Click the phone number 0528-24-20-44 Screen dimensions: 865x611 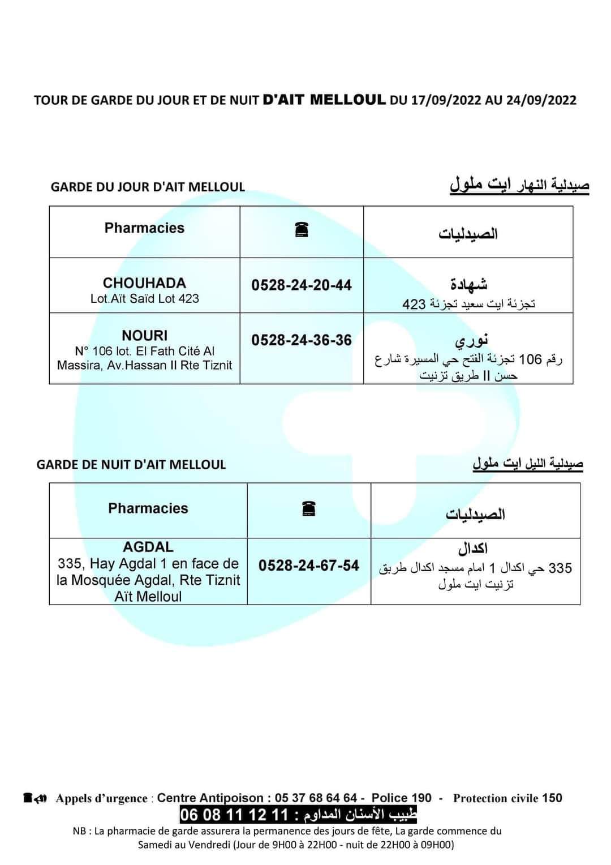coord(302,285)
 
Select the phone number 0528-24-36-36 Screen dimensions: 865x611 coord(302,340)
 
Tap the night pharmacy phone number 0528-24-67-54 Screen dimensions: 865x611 coord(309,566)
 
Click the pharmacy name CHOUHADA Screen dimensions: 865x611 coord(144,283)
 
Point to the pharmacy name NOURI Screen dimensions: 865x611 coord(145,336)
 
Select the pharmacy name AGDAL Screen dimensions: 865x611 coord(148,547)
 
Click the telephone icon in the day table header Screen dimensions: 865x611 coord(302,230)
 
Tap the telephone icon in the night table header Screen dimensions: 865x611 coord(309,509)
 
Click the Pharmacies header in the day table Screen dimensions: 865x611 coord(144,228)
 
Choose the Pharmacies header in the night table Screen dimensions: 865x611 coord(148,508)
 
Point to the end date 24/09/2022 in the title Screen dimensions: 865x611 coord(541,101)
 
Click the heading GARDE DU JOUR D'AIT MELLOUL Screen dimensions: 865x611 coord(148,187)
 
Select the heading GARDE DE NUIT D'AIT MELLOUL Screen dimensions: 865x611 coord(131,465)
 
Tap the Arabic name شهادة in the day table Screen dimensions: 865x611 coord(468,284)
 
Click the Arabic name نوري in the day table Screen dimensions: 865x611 coord(471,341)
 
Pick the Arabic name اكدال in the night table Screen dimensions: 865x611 coord(473,548)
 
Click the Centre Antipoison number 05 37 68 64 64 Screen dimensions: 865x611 coord(316,798)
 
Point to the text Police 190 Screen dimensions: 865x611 coord(401,798)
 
